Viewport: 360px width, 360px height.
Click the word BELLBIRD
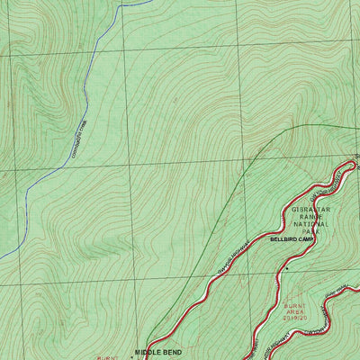(x=284, y=240)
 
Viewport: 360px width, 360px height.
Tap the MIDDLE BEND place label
(x=159, y=353)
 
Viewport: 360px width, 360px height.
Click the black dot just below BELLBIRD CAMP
(x=286, y=268)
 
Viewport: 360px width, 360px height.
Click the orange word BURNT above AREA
(x=295, y=305)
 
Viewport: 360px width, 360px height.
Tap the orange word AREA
(x=295, y=311)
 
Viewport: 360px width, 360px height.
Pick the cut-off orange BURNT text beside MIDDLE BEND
(x=106, y=356)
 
